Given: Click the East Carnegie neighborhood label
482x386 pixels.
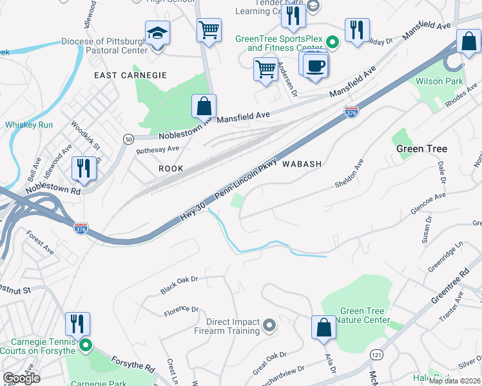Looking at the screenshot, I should [130, 75].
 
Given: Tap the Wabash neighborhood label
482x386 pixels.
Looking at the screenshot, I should [300, 164].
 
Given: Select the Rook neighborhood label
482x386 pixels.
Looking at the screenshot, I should [171, 169].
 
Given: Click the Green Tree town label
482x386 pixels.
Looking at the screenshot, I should [421, 149].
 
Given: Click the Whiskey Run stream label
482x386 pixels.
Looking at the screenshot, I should [28, 125].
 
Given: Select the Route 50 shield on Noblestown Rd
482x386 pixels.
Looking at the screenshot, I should [128, 139].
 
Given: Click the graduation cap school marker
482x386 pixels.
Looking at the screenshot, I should [157, 33].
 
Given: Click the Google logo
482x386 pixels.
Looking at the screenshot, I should [21, 378].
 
